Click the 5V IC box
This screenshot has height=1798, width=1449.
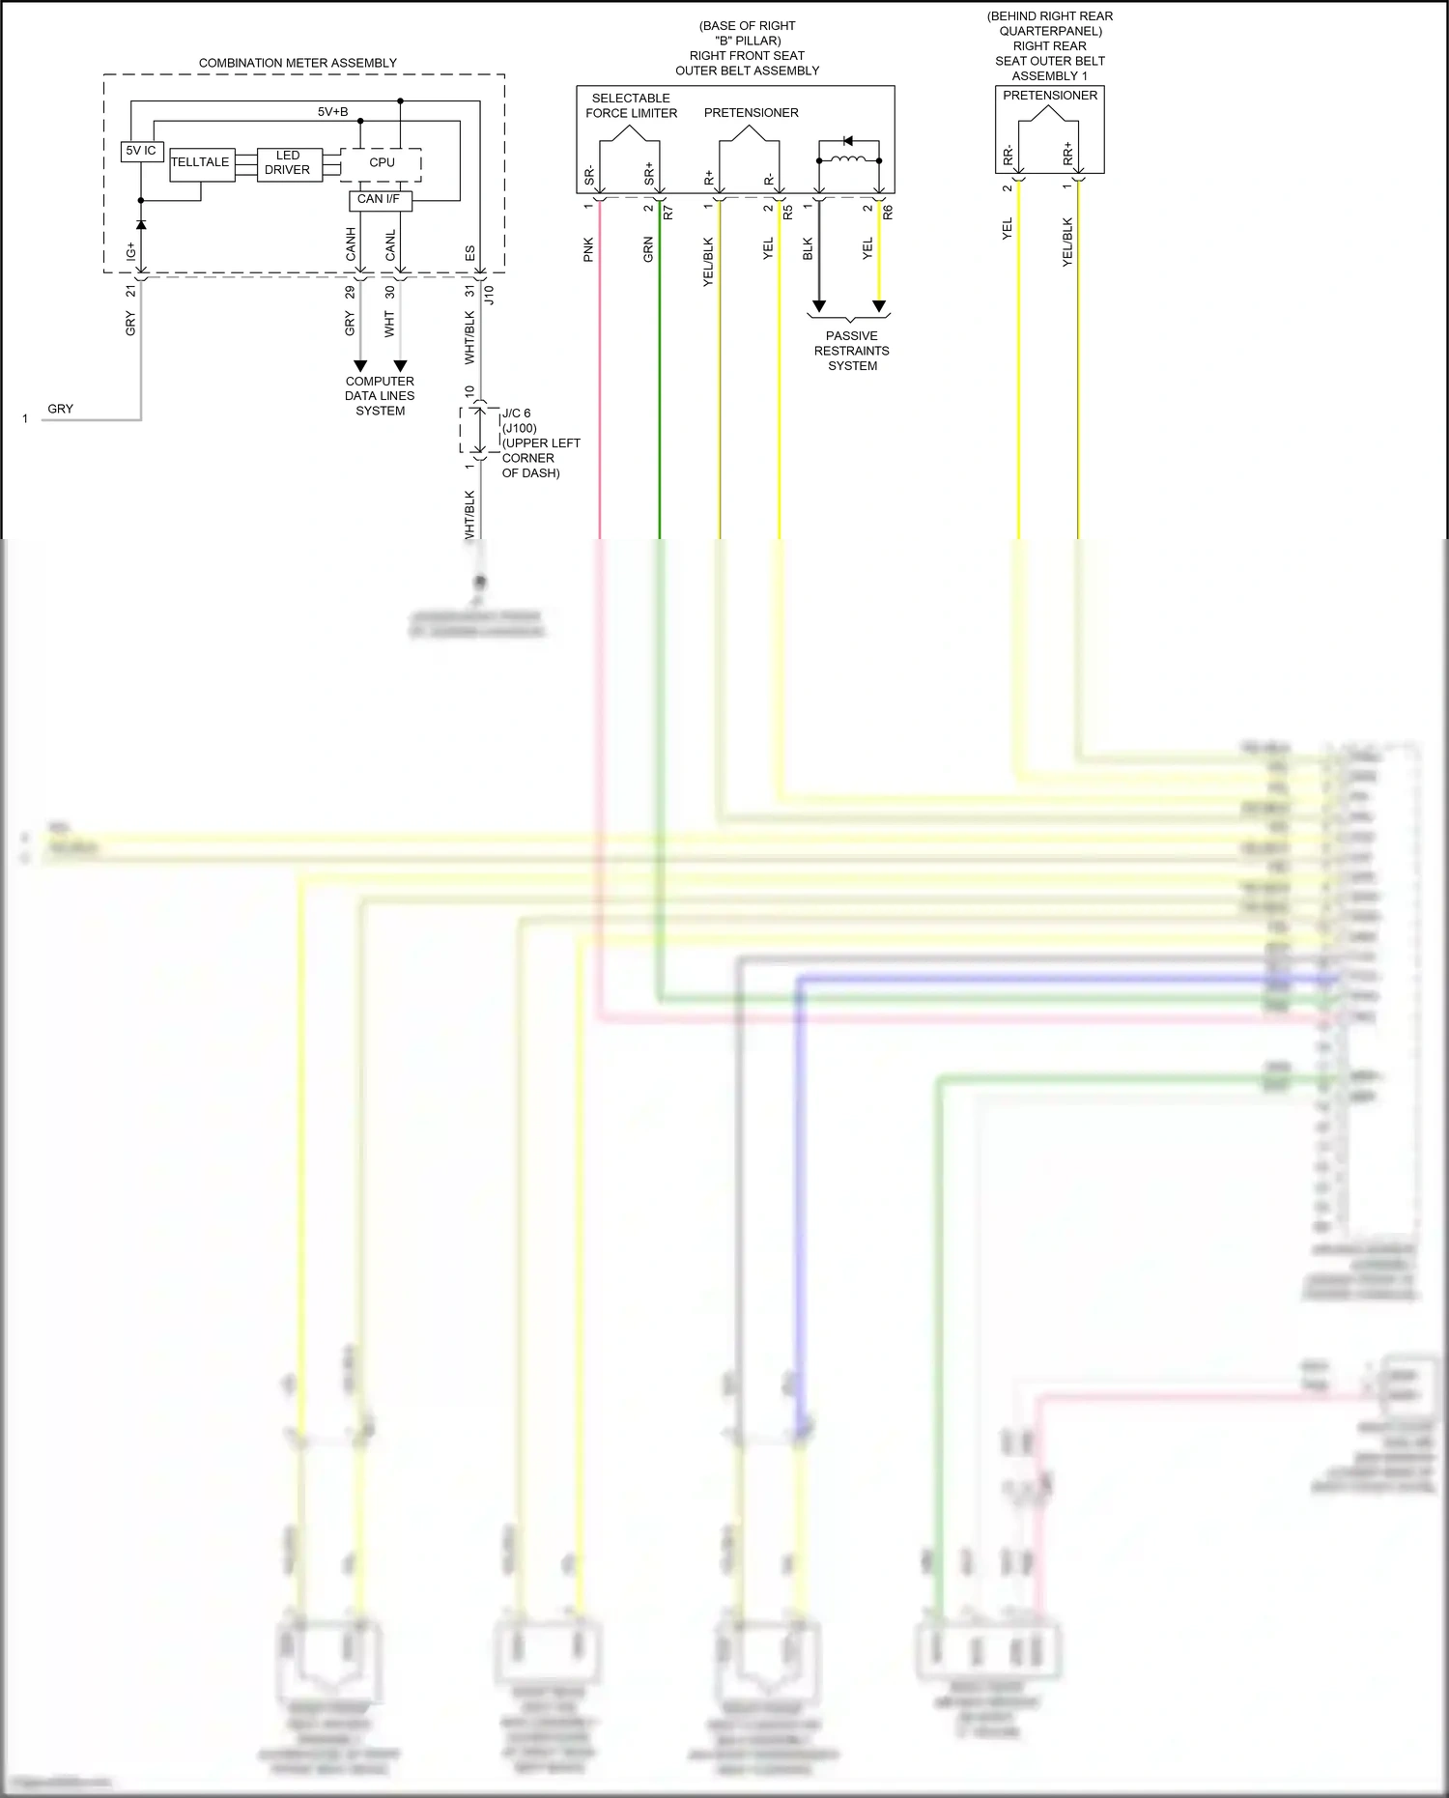[141, 151]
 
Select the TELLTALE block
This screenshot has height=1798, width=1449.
[201, 162]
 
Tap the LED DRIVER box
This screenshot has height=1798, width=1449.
[288, 162]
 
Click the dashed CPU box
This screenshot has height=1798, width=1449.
[382, 163]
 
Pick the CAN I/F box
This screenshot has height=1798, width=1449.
[379, 200]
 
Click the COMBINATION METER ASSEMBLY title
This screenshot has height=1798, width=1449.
[298, 63]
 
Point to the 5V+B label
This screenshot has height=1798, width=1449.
[333, 112]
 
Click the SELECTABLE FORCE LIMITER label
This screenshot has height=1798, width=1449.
[632, 105]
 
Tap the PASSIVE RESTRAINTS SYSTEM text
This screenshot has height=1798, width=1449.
[852, 351]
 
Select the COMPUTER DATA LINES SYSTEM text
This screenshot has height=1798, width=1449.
[380, 396]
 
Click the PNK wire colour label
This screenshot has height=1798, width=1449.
[589, 249]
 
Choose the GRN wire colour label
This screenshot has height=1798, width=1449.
[649, 249]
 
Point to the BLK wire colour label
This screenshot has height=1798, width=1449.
[809, 249]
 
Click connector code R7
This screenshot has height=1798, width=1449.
[668, 212]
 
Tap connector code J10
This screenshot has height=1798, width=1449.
[489, 295]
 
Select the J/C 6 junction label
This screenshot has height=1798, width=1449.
[516, 414]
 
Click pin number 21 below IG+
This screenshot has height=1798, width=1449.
[131, 291]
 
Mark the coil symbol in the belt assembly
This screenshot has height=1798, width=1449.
[848, 159]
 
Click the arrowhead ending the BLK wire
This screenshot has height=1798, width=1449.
[819, 306]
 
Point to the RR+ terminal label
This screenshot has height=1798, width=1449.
[1067, 153]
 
